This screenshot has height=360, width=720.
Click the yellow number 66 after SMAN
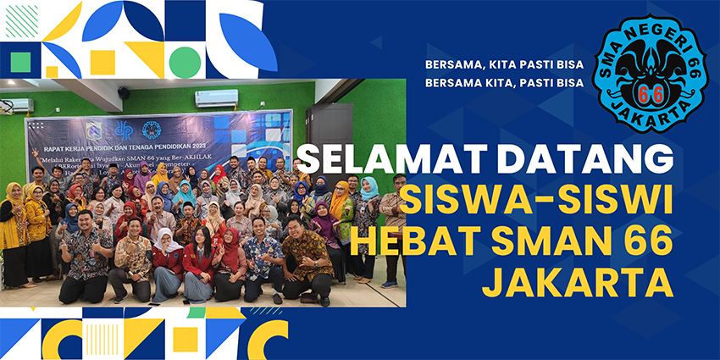point(645,243)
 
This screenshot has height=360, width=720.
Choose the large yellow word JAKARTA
point(578,282)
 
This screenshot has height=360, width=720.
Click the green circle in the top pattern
point(183,61)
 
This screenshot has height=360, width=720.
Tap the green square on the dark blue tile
point(19,60)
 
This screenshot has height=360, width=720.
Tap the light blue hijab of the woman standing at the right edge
point(368,188)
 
